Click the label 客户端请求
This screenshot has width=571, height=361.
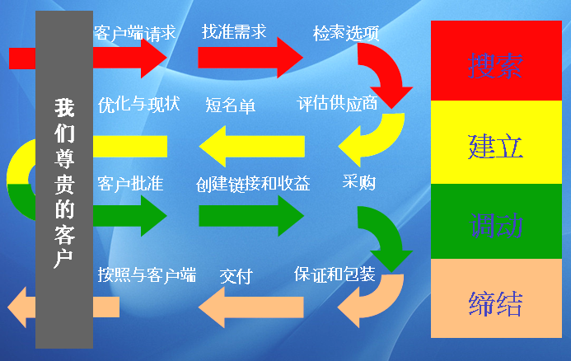tap(134, 34)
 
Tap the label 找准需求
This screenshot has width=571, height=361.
tap(234, 32)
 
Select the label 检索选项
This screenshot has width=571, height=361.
tap(346, 34)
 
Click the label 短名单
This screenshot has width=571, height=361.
tap(230, 105)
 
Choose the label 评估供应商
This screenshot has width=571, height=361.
tap(337, 104)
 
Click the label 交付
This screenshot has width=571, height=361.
tap(236, 275)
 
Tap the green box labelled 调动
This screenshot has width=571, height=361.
tap(495, 223)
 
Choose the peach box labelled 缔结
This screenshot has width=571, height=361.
tap(495, 300)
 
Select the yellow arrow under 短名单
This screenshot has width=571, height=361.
tap(252, 147)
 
